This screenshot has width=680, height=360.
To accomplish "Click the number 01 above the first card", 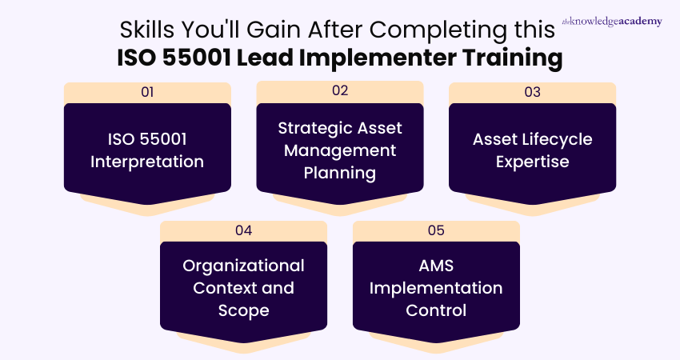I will coord(147,92).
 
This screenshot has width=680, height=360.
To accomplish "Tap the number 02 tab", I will coord(340,90).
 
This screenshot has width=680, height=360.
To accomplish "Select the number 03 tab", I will coord(532,92).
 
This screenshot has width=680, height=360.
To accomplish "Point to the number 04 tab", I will coord(244,230).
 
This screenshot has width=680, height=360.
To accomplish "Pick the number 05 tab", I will coord(436,230).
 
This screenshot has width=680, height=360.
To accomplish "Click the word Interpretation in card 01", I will coord(147,162).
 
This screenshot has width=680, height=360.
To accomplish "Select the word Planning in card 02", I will coord(340,173).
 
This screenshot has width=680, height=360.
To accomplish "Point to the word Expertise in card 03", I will coord(532,162).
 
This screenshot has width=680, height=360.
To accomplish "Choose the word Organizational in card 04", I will coord(244,266).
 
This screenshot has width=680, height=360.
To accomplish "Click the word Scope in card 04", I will coord(244,310).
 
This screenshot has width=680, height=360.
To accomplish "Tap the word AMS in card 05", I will coord(436,266).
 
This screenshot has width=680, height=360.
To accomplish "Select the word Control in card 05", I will coord(436,310).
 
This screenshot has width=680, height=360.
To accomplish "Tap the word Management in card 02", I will coord(340,150).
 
